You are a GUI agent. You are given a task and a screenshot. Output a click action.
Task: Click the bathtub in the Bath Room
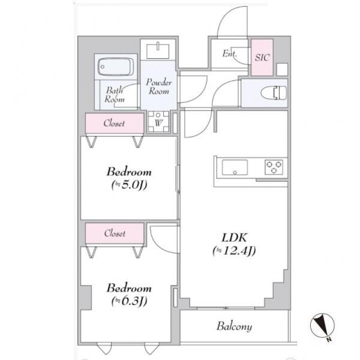116,67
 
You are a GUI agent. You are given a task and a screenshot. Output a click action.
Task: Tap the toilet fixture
274,92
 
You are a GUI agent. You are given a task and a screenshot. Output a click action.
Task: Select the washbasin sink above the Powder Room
158,50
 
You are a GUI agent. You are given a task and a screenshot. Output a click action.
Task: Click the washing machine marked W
158,122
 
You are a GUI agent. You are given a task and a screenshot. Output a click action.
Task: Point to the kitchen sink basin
235,167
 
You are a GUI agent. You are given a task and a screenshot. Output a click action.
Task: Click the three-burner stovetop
274,167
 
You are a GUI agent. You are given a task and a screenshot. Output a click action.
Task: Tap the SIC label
262,58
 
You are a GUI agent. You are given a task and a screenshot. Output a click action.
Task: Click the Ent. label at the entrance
229,54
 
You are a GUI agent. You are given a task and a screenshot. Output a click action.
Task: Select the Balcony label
234,326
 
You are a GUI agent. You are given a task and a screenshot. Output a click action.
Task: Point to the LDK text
235,238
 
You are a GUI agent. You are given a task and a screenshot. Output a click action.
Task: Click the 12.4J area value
234,251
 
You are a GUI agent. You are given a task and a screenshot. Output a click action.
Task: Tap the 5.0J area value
129,185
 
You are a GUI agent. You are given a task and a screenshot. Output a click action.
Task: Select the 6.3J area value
129,301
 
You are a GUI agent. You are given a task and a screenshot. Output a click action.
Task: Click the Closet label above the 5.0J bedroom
114,123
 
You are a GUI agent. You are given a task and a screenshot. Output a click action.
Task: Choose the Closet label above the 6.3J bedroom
115,233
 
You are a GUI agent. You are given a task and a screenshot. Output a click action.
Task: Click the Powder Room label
158,87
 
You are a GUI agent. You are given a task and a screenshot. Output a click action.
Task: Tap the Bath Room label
115,95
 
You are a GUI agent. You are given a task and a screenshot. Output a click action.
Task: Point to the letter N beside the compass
329,340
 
